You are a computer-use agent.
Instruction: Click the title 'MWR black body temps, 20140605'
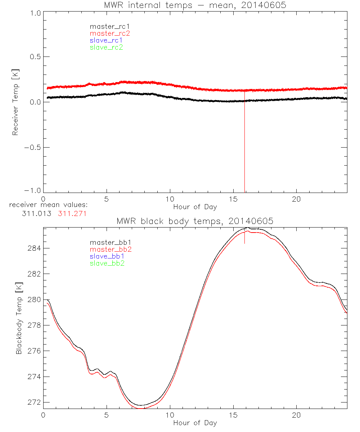click(195, 221)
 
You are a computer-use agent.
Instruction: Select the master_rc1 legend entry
click(106, 26)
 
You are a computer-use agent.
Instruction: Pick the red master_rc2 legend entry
click(110, 33)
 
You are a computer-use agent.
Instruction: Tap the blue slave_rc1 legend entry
click(106, 40)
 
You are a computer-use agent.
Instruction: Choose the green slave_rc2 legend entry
click(106, 47)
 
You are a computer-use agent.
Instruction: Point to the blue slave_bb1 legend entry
click(107, 256)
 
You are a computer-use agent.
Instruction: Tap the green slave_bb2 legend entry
click(107, 263)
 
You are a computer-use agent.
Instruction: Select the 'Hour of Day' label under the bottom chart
click(195, 423)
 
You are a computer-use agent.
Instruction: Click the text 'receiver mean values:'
click(48, 205)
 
